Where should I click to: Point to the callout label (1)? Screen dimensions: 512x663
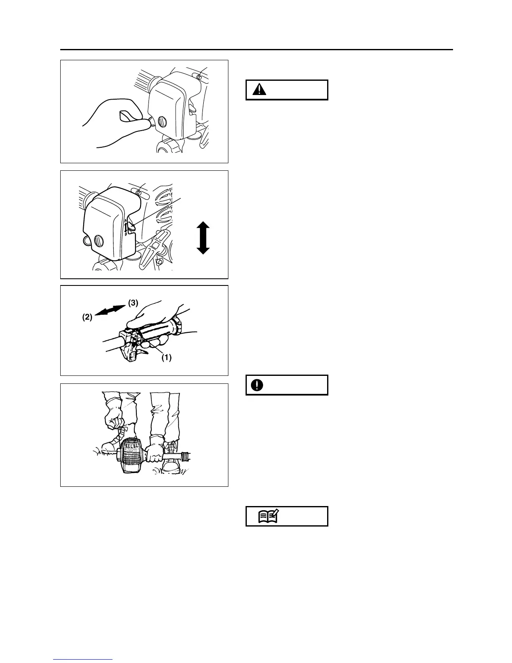(166, 358)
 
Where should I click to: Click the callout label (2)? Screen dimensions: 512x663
(87, 318)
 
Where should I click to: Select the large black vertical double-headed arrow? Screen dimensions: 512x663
(203, 238)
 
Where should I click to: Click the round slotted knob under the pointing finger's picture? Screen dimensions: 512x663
(161, 123)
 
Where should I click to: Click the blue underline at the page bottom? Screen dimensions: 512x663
(83, 660)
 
